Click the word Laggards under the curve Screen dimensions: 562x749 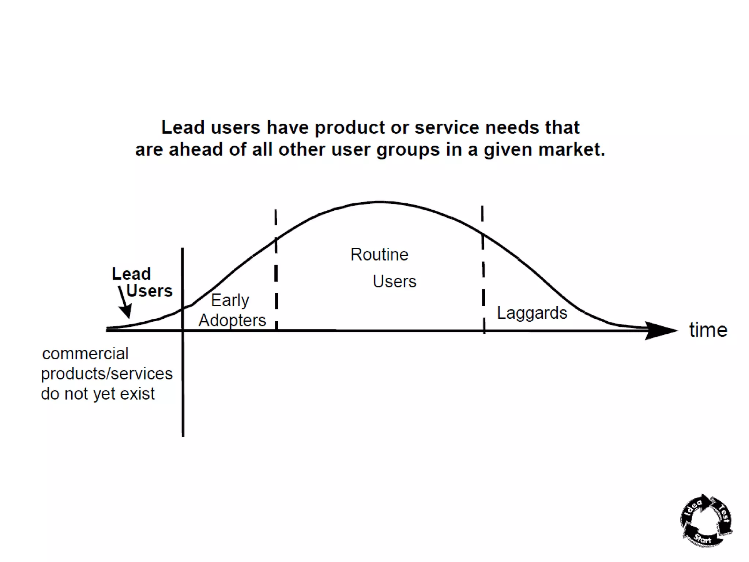532,313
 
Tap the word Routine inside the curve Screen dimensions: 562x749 379,255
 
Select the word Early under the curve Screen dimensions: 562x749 230,301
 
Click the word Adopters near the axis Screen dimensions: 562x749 232,321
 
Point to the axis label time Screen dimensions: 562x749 708,330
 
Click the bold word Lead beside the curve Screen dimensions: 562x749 131,274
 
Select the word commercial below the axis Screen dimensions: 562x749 85,354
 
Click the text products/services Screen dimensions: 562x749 106,374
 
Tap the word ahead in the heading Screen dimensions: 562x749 196,150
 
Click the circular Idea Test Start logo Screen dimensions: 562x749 706,521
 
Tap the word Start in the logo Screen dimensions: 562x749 703,538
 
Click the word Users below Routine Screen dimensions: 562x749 394,282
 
